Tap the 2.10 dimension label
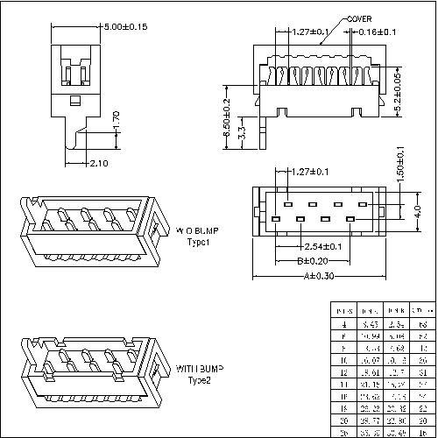(x=99, y=163)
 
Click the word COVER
(x=359, y=18)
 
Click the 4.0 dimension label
(x=418, y=210)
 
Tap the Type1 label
(x=200, y=241)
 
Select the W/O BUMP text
(x=199, y=231)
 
